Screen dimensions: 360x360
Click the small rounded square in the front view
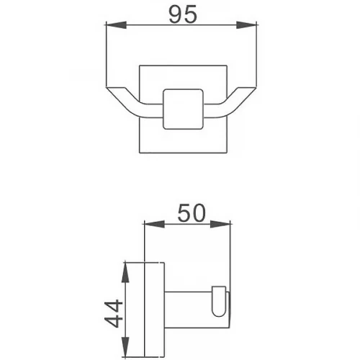(x=182, y=110)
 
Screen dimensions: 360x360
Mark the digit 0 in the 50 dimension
(x=199, y=213)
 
